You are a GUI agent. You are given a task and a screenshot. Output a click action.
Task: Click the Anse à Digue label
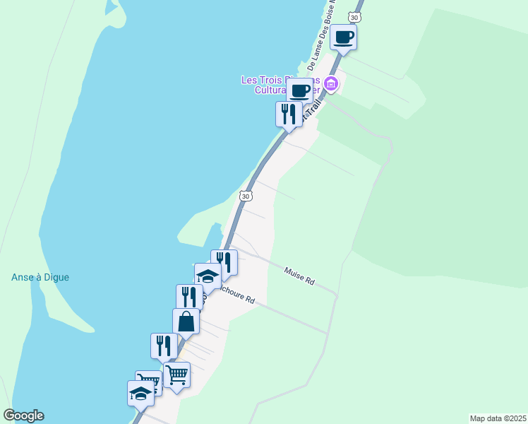(x=40, y=278)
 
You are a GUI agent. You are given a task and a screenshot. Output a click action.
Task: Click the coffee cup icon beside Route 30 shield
(x=344, y=37)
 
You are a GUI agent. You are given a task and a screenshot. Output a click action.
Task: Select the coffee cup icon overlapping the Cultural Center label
(x=299, y=91)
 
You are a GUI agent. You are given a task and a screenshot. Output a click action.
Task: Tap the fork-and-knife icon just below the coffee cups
(x=288, y=114)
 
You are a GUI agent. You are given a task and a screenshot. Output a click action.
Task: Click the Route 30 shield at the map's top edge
(x=355, y=16)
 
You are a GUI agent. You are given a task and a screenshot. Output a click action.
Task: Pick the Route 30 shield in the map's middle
(x=245, y=195)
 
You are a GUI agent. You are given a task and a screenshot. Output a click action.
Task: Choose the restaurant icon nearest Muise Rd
(x=224, y=262)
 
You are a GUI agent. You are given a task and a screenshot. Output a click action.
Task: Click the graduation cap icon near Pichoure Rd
(x=208, y=276)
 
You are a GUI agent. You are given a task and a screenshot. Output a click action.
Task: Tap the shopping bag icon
(x=186, y=322)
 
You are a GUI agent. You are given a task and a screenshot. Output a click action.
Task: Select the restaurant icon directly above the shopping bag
(x=188, y=297)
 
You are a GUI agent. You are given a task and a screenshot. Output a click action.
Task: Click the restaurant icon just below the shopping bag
(x=164, y=346)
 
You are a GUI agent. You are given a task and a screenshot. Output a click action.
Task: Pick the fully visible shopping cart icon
(x=176, y=375)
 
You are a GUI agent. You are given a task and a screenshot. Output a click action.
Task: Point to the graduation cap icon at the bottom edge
(x=140, y=394)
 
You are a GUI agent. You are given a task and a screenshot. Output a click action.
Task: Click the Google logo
(x=23, y=416)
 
